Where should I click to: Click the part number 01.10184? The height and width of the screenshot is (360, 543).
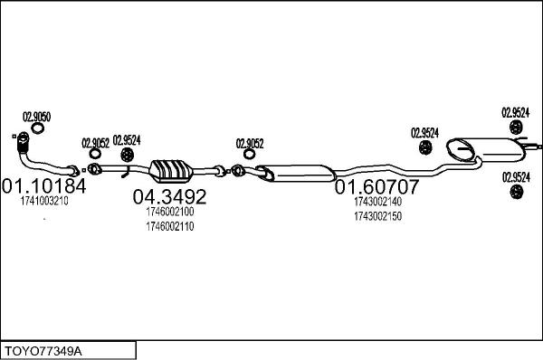44,186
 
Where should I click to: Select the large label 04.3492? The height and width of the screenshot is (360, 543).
170,196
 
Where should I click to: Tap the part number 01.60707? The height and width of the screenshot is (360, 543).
376,187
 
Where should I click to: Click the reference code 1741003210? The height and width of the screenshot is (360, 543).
44,201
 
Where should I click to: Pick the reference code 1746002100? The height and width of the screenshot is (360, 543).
170,212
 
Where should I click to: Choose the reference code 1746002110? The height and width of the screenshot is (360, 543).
170,226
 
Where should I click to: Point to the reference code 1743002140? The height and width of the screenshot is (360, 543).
377,202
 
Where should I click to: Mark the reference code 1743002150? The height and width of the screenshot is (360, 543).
377,216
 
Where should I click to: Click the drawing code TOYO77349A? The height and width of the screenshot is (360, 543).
43,351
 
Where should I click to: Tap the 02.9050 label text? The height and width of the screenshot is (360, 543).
37,117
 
